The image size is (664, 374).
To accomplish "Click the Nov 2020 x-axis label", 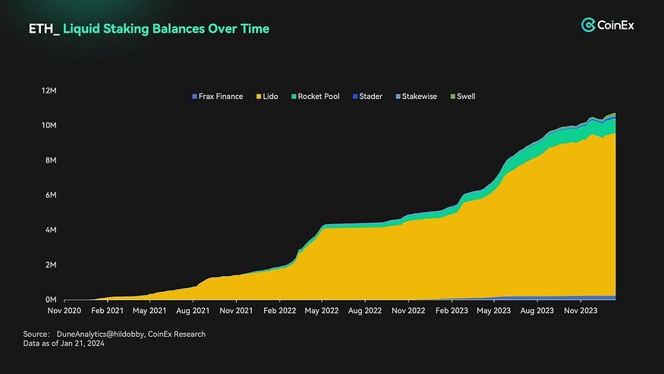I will point(65,311).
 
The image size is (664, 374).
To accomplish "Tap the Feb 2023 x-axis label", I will point(453,311).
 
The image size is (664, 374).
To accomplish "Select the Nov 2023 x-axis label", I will point(583,311).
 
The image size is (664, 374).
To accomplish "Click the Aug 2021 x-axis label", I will point(194,311).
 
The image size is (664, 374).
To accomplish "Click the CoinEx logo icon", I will point(588,26).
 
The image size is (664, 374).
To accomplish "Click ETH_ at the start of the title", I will point(44,29).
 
